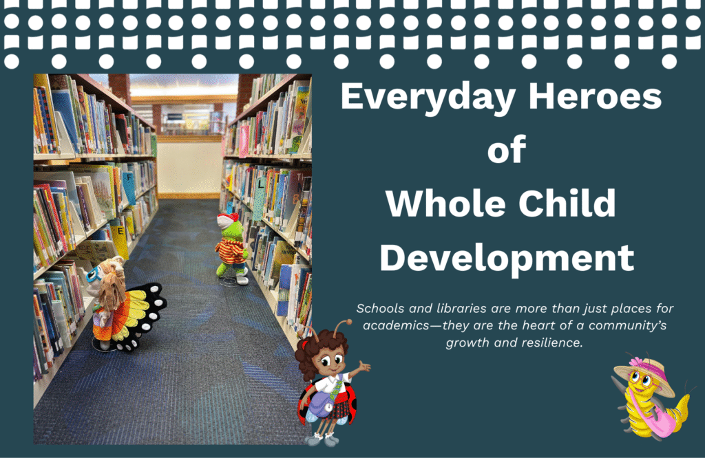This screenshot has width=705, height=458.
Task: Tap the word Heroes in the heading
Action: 595,96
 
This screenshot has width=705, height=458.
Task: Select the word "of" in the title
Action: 507,149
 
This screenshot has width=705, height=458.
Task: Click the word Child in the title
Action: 567,202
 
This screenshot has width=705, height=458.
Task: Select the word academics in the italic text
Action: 396,325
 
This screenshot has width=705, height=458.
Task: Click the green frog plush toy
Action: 232,249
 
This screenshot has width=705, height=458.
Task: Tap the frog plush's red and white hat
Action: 227,221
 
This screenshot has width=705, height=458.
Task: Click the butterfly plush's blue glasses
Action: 94,274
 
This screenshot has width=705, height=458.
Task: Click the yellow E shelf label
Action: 120,241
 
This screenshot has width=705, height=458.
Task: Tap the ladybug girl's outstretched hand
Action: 364,367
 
